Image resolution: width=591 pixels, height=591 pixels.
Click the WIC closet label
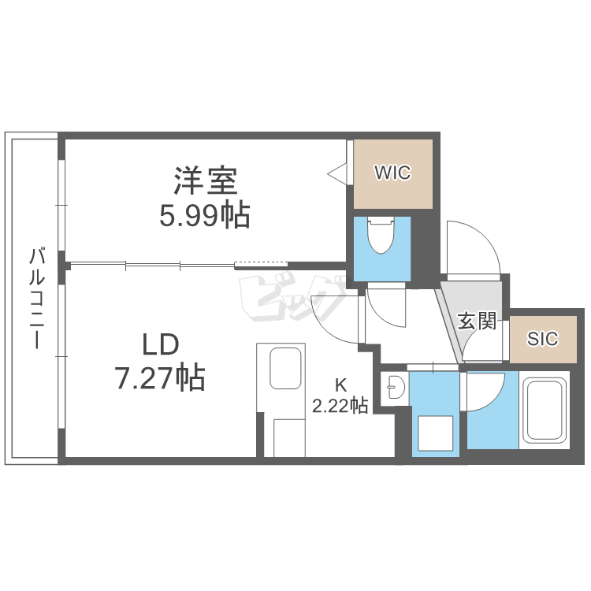click(392, 173)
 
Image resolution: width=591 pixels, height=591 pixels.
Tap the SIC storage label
click(542, 339)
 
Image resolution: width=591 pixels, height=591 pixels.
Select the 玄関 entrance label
click(477, 322)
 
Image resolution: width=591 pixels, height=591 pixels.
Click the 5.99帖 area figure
click(205, 214)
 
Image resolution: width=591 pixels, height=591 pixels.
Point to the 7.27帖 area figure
click(160, 378)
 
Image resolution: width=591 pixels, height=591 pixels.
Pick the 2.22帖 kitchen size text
click(340, 407)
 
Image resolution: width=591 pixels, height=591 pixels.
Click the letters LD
click(161, 344)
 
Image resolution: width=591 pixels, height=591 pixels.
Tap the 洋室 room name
click(206, 180)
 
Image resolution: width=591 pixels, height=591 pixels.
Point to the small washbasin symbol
click(395, 387)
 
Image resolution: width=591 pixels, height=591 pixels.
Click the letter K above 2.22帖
click(341, 386)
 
